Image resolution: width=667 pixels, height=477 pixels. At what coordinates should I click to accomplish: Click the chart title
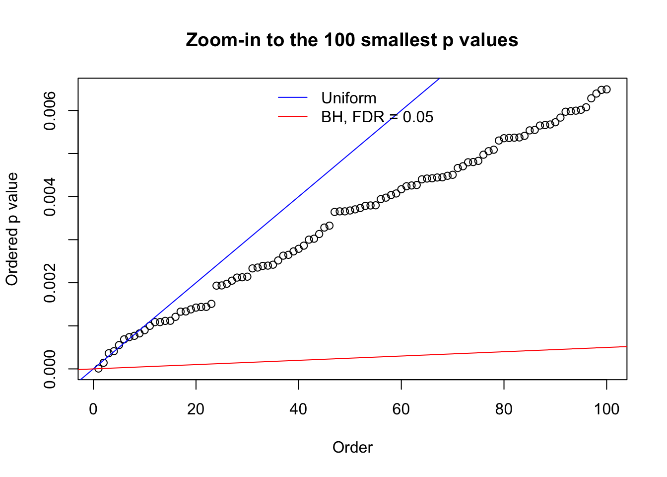pyautogui.click(x=352, y=40)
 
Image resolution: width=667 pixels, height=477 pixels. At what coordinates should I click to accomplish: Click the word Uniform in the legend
pyautogui.click(x=348, y=98)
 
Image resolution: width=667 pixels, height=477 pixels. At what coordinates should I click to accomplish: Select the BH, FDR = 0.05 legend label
pyautogui.click(x=377, y=117)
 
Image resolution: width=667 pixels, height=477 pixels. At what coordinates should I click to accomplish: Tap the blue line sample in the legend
pyautogui.click(x=293, y=98)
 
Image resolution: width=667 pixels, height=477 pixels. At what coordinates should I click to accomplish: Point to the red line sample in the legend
pyautogui.click(x=293, y=117)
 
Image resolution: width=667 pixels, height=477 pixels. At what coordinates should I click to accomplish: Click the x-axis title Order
pyautogui.click(x=352, y=448)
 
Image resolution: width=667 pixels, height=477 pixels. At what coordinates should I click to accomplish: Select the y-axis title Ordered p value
pyautogui.click(x=12, y=229)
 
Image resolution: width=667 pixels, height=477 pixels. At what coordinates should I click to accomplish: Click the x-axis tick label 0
pyautogui.click(x=93, y=409)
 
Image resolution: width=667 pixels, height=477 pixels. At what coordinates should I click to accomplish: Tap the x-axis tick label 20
pyautogui.click(x=196, y=409)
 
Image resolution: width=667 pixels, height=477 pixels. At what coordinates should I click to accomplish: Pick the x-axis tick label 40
pyautogui.click(x=299, y=409)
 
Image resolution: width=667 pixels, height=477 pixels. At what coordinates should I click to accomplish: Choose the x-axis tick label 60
pyautogui.click(x=401, y=409)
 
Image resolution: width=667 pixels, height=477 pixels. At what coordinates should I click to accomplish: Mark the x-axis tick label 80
pyautogui.click(x=504, y=409)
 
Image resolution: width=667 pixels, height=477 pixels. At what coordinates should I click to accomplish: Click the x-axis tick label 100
pyautogui.click(x=606, y=409)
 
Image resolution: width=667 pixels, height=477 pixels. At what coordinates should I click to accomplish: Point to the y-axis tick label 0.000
pyautogui.click(x=51, y=369)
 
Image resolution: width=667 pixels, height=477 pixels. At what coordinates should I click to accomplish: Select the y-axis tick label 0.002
pyautogui.click(x=51, y=283)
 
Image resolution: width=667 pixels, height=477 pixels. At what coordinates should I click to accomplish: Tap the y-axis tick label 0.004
pyautogui.click(x=51, y=197)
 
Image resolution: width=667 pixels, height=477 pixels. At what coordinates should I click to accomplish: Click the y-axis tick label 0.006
pyautogui.click(x=51, y=110)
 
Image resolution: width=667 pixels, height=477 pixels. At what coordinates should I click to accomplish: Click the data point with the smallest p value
pyautogui.click(x=98, y=368)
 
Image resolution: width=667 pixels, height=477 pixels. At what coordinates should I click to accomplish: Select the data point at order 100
pyautogui.click(x=606, y=89)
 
